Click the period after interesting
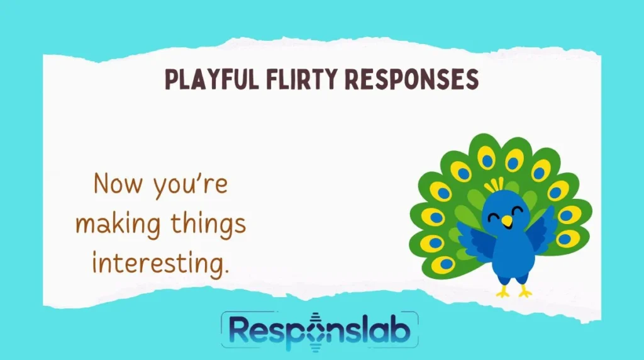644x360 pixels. tap(226, 271)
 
